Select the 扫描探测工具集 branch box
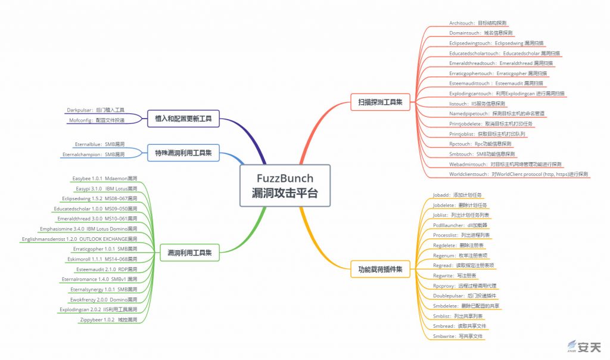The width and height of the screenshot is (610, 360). pyautogui.click(x=376, y=102)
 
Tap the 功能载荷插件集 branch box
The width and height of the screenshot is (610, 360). pyautogui.click(x=376, y=269)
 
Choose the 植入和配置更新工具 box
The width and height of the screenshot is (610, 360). pyautogui.click(x=183, y=119)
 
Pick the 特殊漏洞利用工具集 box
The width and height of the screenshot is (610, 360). pyautogui.click(x=183, y=151)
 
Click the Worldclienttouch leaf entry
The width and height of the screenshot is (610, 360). pyautogui.click(x=518, y=174)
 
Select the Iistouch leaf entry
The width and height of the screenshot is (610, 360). pyautogui.click(x=477, y=103)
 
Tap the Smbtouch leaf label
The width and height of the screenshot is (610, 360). pyautogui.click(x=482, y=154)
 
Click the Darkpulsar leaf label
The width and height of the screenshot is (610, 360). pyautogui.click(x=95, y=110)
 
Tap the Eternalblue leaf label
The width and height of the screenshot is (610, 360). pyautogui.click(x=99, y=144)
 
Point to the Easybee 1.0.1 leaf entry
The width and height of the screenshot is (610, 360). pyautogui.click(x=104, y=178)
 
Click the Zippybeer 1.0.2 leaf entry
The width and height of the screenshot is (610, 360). pyautogui.click(x=108, y=319)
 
